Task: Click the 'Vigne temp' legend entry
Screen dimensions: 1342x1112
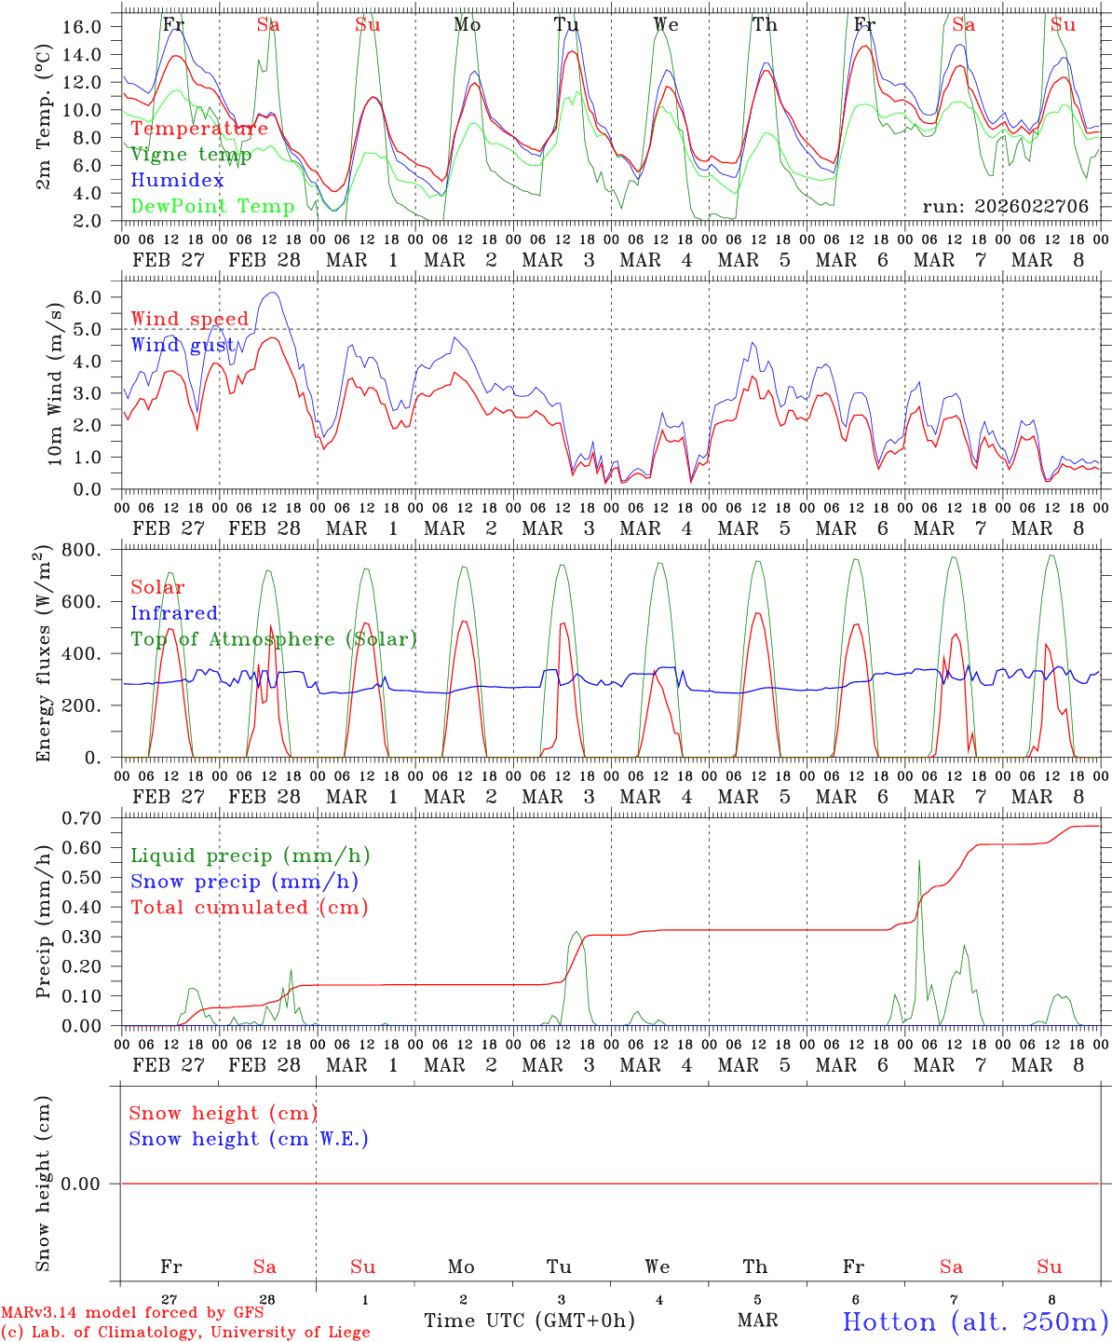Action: pyautogui.click(x=191, y=155)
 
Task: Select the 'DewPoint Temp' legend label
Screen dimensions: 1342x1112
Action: pyautogui.click(x=212, y=206)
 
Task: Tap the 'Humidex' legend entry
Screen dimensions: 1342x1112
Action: pyautogui.click(x=177, y=181)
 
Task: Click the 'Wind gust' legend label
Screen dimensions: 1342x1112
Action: pyautogui.click(x=183, y=345)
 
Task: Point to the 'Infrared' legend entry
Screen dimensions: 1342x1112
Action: pyautogui.click(x=174, y=613)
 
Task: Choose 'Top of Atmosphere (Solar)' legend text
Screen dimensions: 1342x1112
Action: pyautogui.click(x=274, y=639)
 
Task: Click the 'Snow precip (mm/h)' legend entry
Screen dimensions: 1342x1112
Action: pyautogui.click(x=244, y=882)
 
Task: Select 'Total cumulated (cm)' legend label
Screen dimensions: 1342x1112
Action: pyautogui.click(x=249, y=907)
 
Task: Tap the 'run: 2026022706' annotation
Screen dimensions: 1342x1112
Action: pyautogui.click(x=1005, y=207)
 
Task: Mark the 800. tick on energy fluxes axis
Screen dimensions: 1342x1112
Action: pyautogui.click(x=82, y=550)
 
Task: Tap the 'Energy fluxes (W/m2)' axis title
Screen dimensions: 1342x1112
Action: pyautogui.click(x=42, y=655)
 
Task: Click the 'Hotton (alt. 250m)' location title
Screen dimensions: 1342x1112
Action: pyautogui.click(x=974, y=1321)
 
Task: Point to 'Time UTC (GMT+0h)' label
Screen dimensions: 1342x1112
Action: pyautogui.click(x=529, y=1321)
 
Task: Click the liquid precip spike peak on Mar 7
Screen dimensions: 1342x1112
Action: pyautogui.click(x=919, y=860)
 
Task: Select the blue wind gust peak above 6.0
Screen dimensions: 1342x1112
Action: pyautogui.click(x=271, y=293)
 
